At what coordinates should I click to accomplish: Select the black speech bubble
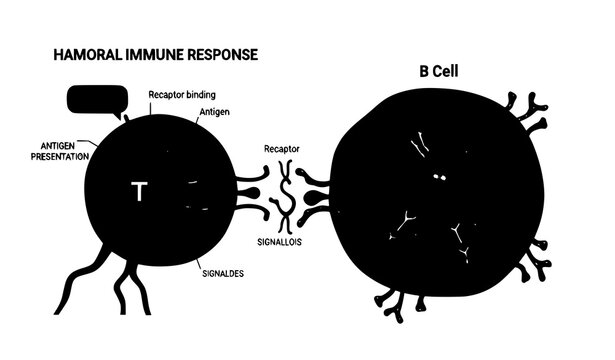click(x=93, y=101)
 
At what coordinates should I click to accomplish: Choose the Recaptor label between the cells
click(x=282, y=148)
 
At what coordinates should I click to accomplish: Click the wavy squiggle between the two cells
click(x=285, y=195)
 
